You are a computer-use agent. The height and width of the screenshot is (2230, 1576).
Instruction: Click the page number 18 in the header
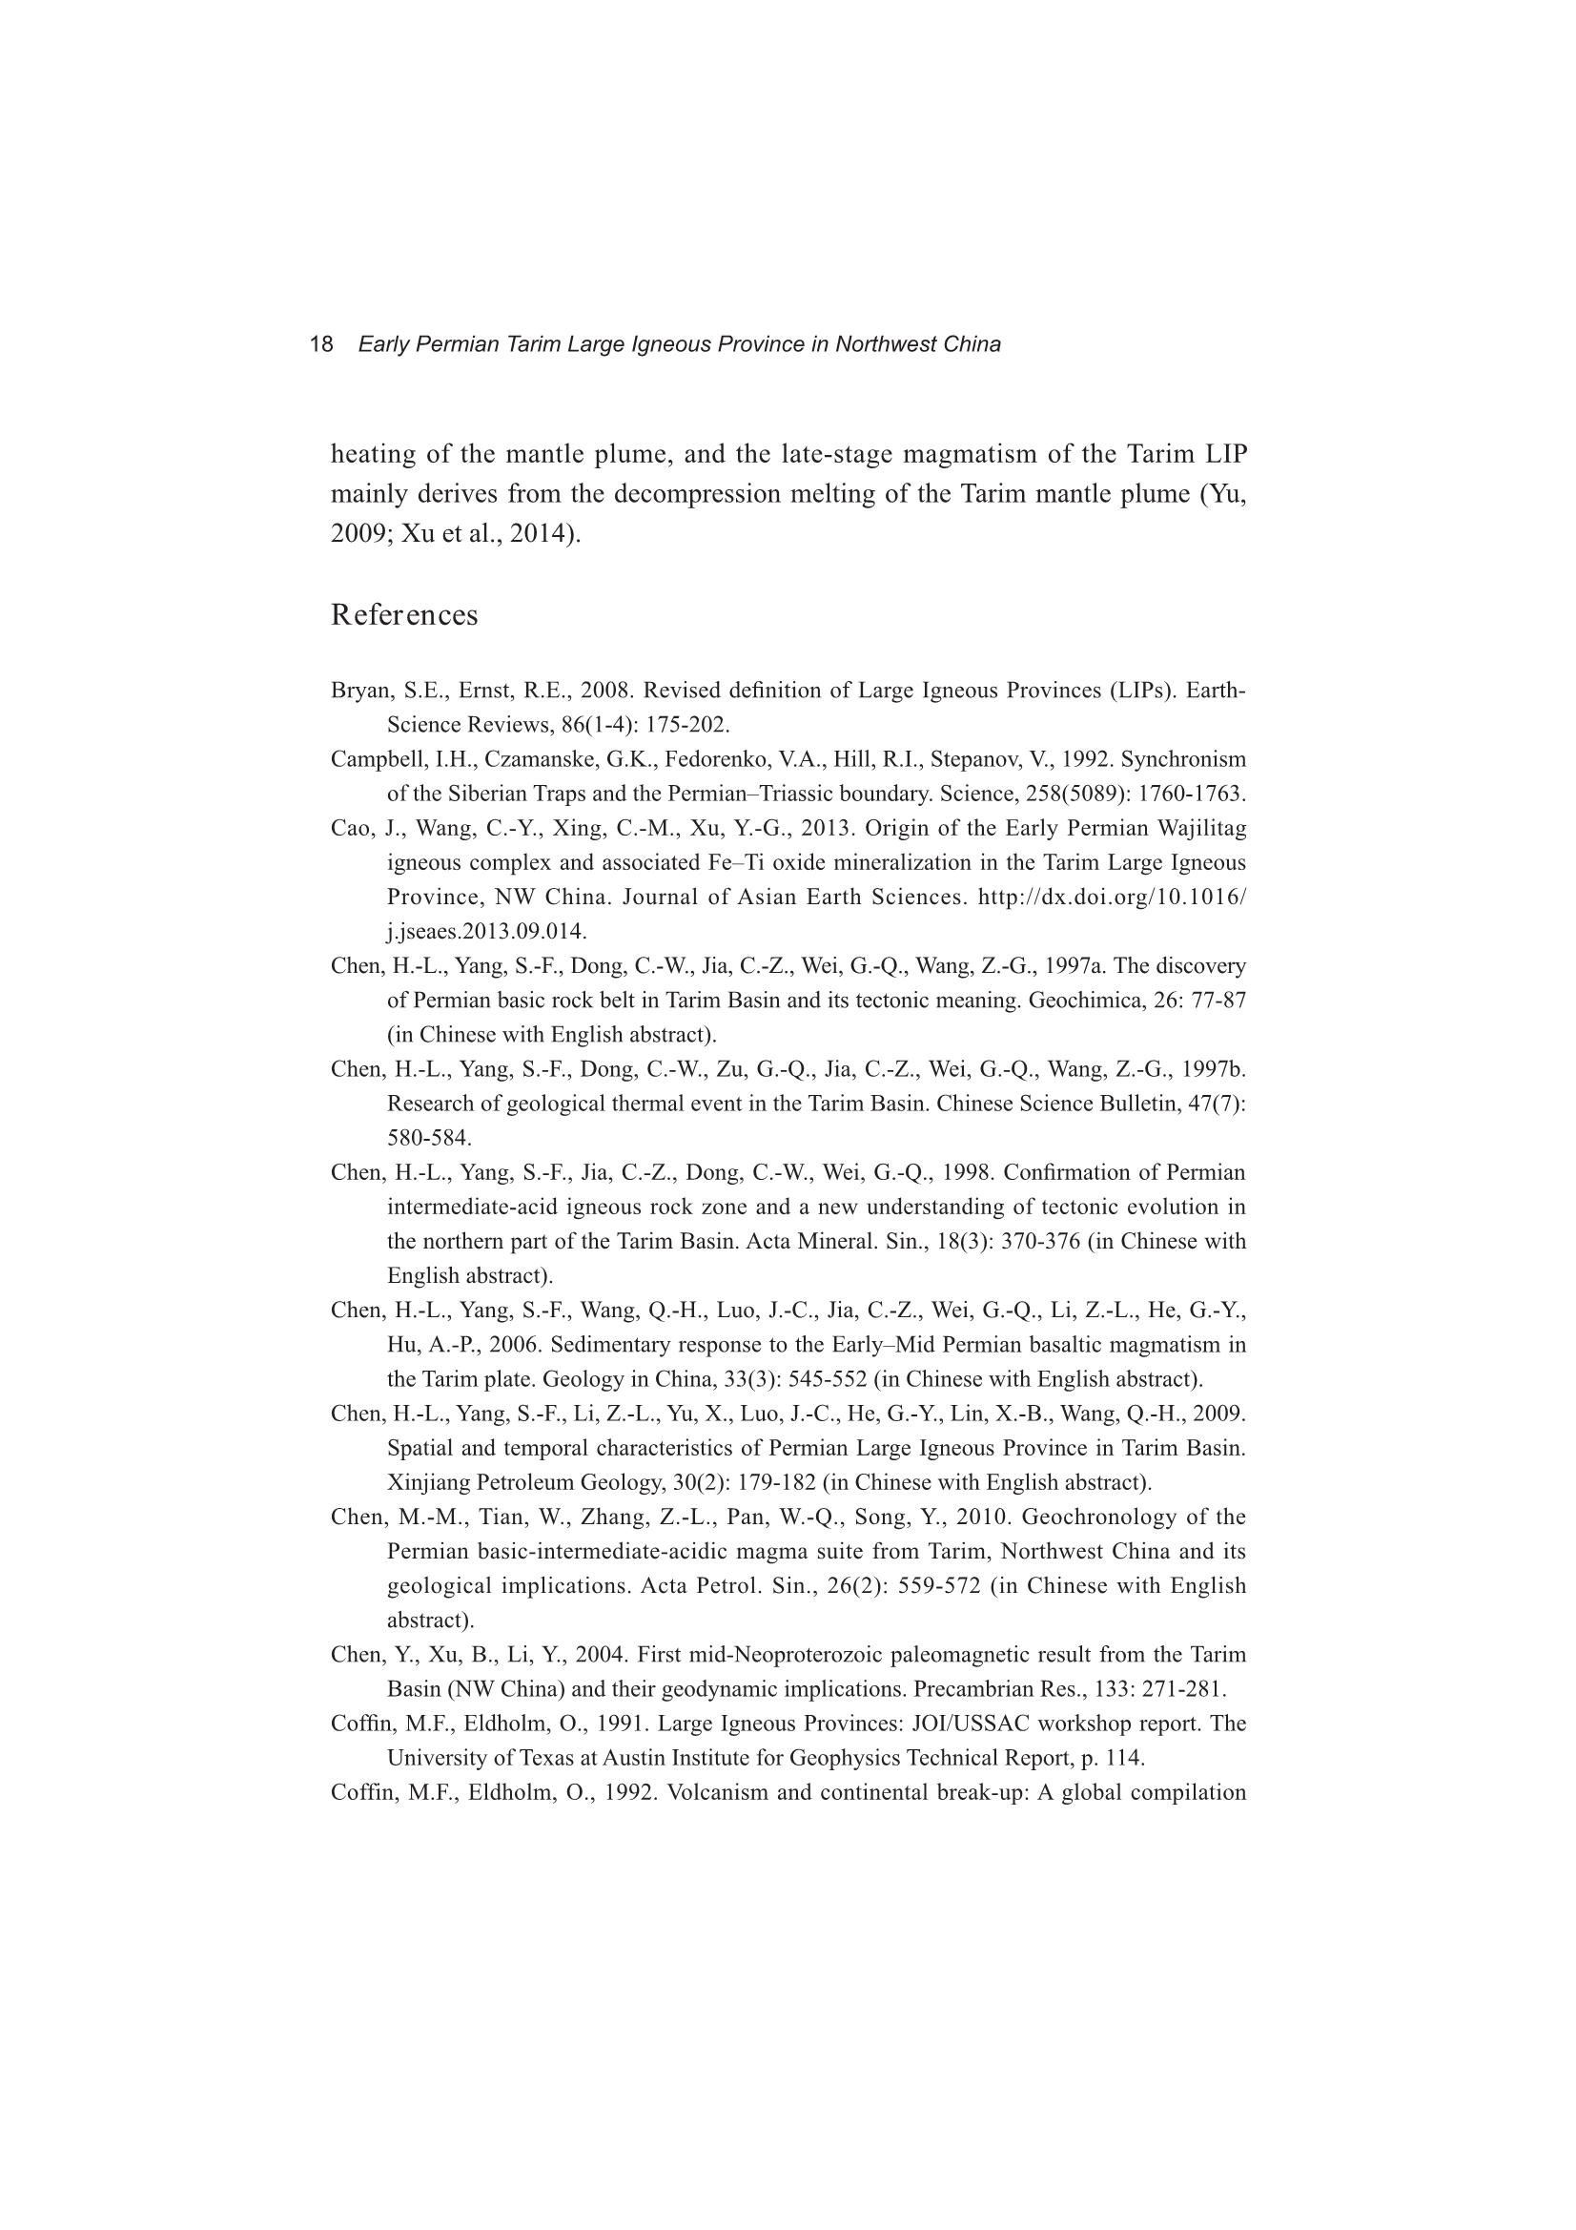tap(320, 344)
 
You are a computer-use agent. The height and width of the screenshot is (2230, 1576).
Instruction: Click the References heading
tap(404, 616)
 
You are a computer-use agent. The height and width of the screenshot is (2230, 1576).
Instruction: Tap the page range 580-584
tap(429, 1138)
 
